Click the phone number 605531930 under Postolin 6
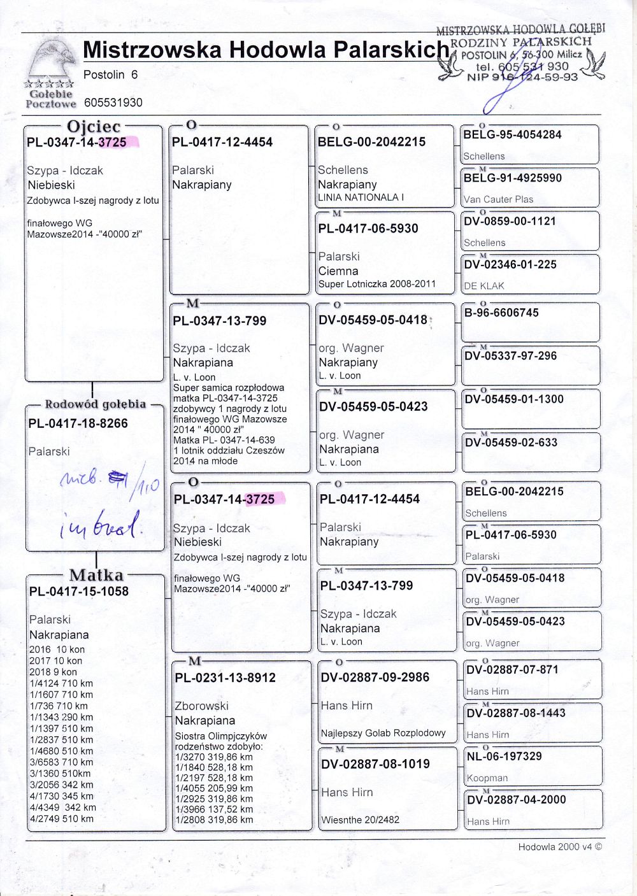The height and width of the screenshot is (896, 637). click(x=113, y=103)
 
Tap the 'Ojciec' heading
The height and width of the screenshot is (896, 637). click(x=94, y=127)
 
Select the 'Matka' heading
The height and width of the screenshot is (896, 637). click(x=96, y=575)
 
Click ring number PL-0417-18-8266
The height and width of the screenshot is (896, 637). click(x=78, y=423)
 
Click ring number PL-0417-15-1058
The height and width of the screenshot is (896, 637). click(x=79, y=591)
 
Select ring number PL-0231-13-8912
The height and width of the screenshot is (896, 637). click(x=225, y=678)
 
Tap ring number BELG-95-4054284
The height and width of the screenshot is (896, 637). click(x=512, y=134)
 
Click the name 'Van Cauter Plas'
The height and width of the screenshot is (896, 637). click(x=498, y=199)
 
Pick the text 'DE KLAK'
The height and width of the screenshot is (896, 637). click(x=484, y=286)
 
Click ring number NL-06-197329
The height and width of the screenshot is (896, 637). click(x=504, y=756)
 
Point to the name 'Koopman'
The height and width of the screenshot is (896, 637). click(x=487, y=778)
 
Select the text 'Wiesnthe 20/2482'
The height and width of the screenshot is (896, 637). click(x=361, y=820)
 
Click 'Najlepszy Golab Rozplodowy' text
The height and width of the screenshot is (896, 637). click(x=383, y=733)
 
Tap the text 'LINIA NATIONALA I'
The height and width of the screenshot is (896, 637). click(x=361, y=197)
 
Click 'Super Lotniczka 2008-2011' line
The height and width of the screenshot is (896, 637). click(x=376, y=284)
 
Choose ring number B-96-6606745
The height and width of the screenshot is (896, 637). click(x=501, y=313)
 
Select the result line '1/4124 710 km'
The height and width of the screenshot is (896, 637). click(x=61, y=683)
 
